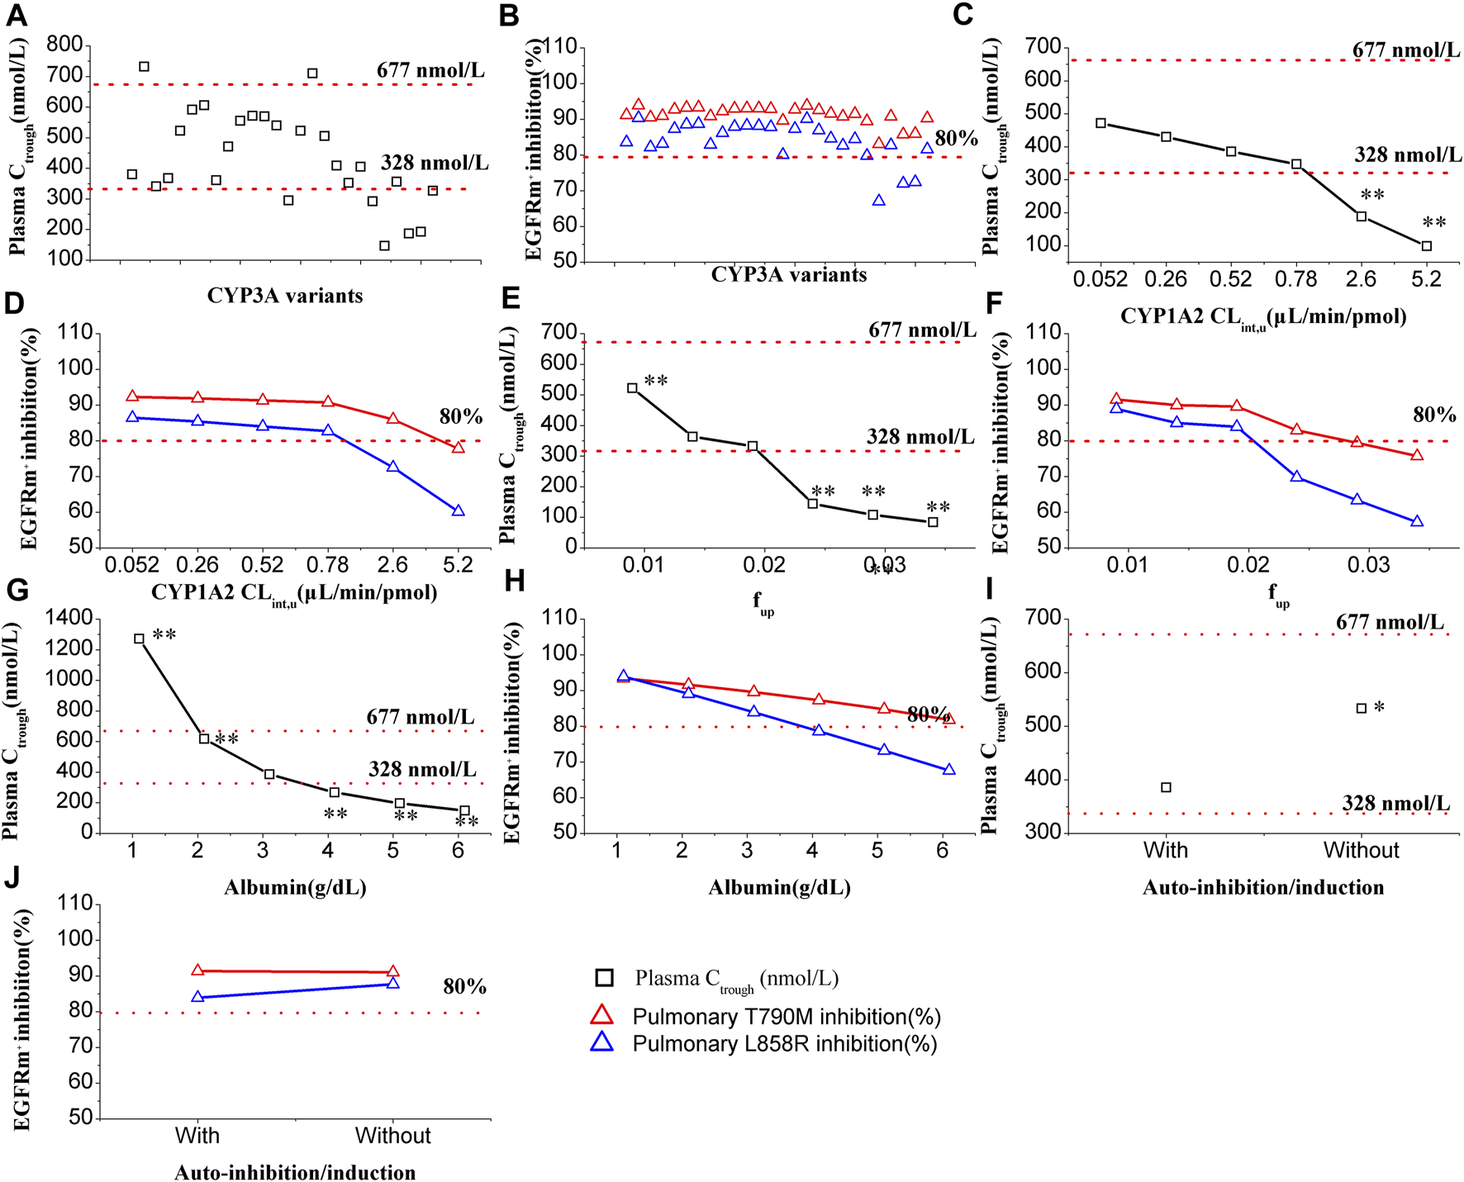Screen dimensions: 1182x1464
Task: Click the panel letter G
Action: click(x=17, y=591)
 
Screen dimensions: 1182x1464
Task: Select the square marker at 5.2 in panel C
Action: click(x=1426, y=246)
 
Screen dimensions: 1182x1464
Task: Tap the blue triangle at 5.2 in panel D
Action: click(x=459, y=511)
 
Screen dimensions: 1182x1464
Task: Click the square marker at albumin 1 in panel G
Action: click(x=139, y=638)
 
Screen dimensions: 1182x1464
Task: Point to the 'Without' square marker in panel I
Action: click(x=1362, y=709)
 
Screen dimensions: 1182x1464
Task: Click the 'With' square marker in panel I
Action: click(x=1166, y=787)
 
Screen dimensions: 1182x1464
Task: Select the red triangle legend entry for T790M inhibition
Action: click(x=603, y=1016)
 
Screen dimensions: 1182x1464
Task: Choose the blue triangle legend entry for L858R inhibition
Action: click(x=603, y=1043)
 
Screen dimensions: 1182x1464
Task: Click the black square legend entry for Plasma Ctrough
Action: click(x=604, y=979)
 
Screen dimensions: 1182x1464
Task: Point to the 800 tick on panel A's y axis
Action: click(x=65, y=45)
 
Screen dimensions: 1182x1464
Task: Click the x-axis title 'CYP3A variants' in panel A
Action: click(x=285, y=296)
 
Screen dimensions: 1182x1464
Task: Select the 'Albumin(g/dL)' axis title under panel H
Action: click(x=779, y=888)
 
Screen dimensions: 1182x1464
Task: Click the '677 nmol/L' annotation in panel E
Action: click(x=921, y=330)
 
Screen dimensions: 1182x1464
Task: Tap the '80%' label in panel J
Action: click(x=464, y=987)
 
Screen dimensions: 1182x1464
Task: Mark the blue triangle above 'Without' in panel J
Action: click(x=393, y=983)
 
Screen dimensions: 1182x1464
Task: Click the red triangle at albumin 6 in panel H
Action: click(x=949, y=719)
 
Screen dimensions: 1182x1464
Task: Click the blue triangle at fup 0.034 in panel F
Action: click(x=1417, y=522)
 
